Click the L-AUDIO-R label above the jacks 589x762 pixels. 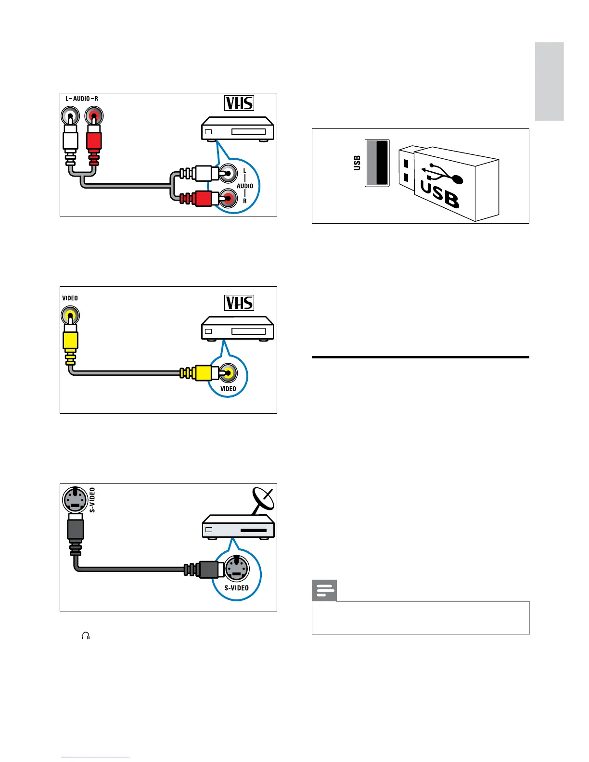81,99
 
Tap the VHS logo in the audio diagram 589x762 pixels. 239,103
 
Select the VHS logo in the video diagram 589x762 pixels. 239,303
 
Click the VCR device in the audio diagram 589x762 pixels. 237,129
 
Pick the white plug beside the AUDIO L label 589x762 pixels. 202,173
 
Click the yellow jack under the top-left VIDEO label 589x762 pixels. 70,317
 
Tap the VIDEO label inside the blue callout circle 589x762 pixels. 228,389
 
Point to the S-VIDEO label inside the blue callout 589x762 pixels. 236,588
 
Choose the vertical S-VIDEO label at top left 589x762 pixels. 92,499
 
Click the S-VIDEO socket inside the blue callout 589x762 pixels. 236,568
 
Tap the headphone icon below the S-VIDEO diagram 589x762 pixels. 86,636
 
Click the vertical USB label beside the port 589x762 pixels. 357,163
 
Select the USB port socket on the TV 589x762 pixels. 377,163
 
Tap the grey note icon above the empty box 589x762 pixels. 324,591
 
